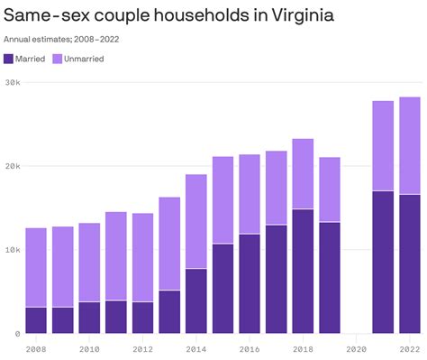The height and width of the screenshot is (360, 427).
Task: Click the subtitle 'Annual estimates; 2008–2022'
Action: click(x=61, y=39)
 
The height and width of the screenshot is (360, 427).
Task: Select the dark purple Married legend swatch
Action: click(x=9, y=59)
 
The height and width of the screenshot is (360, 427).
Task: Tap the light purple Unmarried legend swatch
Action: click(x=57, y=59)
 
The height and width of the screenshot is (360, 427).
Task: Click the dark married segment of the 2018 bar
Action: click(x=303, y=271)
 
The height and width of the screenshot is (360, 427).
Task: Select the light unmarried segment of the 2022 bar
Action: click(x=410, y=145)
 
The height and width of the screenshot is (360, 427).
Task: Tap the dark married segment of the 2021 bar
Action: click(x=383, y=262)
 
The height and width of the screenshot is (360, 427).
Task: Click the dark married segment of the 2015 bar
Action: click(x=223, y=288)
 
